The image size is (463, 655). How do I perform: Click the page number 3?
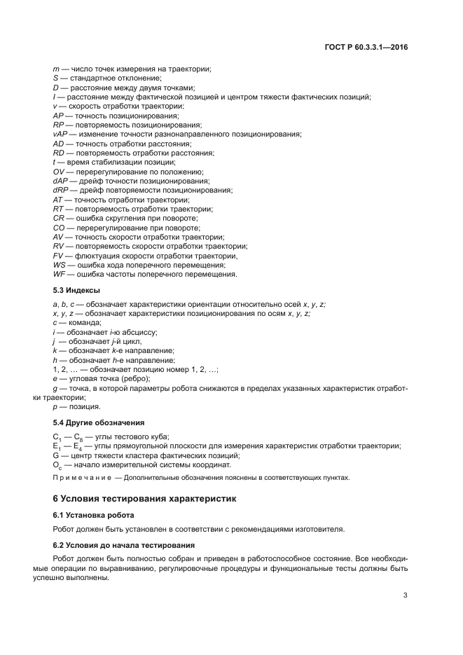pos(406,595)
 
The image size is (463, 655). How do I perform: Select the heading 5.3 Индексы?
pos(76,289)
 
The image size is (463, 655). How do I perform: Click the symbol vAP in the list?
pos(60,134)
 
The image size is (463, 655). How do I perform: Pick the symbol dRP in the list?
pos(61,191)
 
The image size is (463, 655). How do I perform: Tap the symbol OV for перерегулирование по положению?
pos(59,172)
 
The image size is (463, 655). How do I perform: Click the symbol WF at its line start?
pos(60,275)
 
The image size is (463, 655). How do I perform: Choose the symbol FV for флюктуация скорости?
pos(59,256)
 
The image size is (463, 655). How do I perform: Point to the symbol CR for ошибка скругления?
pos(59,219)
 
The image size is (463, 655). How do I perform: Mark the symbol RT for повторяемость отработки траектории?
pos(59,209)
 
